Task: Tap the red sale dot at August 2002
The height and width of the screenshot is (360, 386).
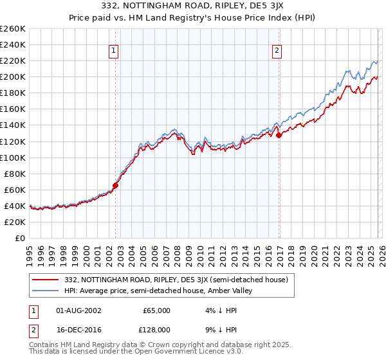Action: tap(116, 185)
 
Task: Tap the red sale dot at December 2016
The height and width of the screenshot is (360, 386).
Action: tap(279, 135)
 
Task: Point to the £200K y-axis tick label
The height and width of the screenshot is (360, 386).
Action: tap(14, 76)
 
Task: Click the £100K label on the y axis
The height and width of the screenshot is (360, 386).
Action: tap(14, 157)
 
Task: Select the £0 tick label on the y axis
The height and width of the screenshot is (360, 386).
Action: tap(21, 238)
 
